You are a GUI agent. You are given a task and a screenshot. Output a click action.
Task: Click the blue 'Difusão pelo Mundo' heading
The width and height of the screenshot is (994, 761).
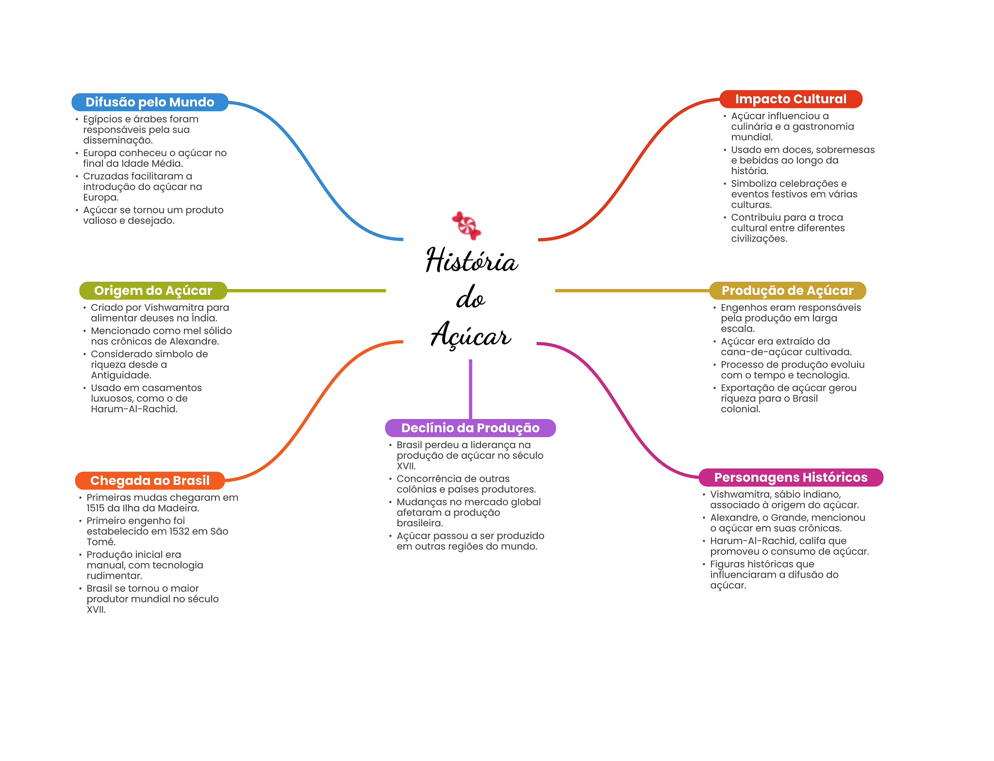point(149,102)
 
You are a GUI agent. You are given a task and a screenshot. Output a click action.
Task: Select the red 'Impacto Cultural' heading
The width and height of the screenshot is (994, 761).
point(791,99)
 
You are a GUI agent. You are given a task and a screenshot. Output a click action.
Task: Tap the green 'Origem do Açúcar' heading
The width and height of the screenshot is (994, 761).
point(153,291)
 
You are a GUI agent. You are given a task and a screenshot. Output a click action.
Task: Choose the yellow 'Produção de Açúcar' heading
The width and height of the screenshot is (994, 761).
point(787,291)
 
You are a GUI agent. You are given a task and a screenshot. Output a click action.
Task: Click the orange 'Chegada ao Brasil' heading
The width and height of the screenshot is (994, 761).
point(149,481)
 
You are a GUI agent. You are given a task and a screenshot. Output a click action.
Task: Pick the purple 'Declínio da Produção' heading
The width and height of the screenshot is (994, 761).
point(470,428)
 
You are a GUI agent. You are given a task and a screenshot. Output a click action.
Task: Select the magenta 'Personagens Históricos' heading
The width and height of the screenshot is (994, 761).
point(791,477)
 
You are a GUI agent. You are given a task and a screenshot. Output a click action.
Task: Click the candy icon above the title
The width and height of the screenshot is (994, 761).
point(466,226)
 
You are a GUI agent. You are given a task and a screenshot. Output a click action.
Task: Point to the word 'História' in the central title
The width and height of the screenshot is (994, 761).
point(472,260)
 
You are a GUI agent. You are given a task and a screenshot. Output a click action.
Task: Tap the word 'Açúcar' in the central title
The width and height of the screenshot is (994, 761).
point(471,335)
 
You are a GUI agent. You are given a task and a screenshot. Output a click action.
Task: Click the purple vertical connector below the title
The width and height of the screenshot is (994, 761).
point(470,389)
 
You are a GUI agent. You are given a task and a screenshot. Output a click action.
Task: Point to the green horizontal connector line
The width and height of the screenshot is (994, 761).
point(306,291)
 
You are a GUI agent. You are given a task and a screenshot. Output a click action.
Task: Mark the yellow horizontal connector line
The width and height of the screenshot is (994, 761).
point(632,291)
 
